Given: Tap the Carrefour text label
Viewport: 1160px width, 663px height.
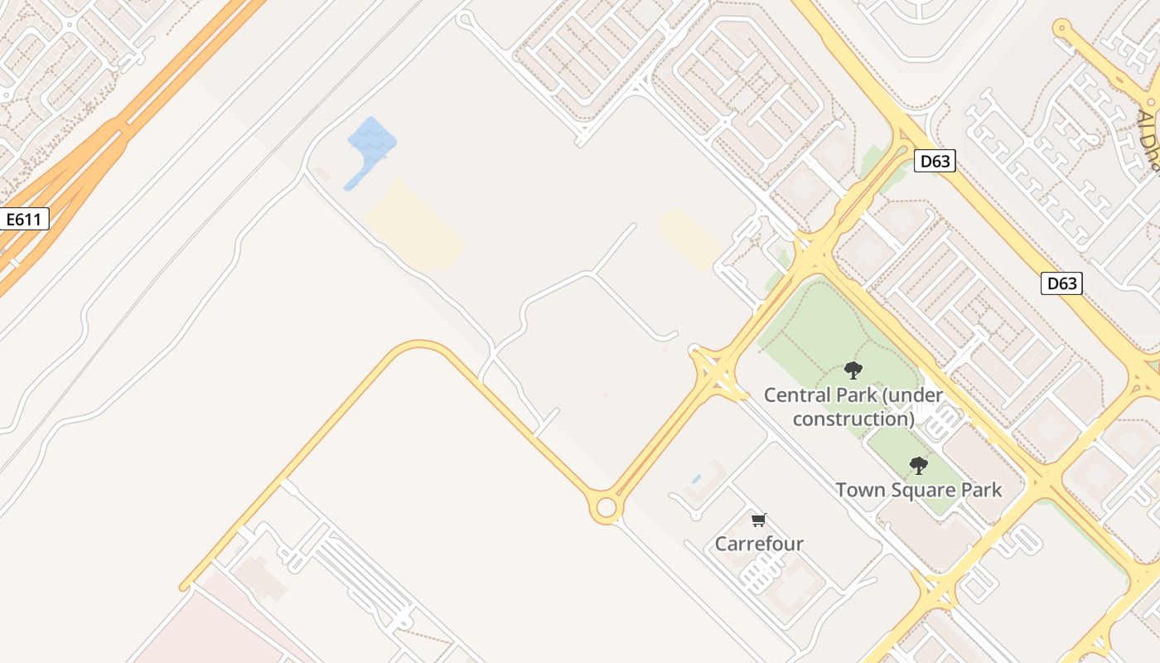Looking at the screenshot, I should click(759, 544).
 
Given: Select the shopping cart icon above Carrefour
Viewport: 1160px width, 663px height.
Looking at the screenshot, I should click(758, 520).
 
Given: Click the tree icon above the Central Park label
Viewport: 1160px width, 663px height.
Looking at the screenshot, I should click(853, 370).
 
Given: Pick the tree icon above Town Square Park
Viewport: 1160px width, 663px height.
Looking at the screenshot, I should click(918, 466).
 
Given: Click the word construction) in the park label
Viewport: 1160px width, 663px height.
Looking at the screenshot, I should click(853, 419).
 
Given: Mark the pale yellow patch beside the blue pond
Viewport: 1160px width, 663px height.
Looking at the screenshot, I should click(414, 225).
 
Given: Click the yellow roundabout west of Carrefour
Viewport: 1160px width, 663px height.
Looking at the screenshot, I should click(607, 507).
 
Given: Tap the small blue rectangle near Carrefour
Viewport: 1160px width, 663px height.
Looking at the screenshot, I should click(695, 479).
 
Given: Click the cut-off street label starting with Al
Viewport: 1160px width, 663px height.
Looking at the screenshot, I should click(1148, 137).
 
